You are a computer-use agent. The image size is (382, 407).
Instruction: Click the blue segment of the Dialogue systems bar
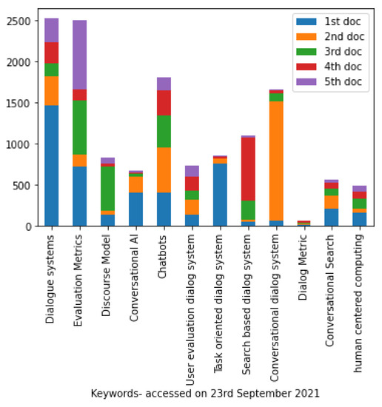(x=51, y=165)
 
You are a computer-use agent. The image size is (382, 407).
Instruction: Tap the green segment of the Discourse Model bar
(x=107, y=189)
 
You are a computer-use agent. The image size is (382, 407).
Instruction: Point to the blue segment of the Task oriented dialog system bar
(x=220, y=195)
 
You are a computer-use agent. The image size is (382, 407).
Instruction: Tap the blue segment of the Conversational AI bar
(x=135, y=209)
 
